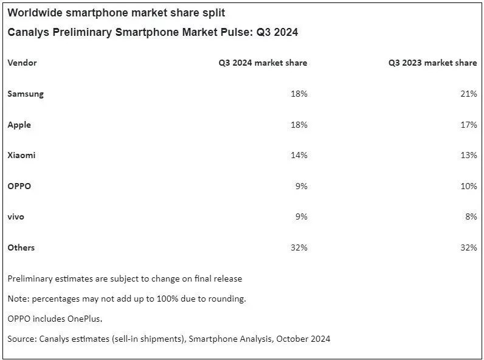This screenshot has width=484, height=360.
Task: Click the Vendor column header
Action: [x=22, y=63]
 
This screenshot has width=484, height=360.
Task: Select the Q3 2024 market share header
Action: [x=263, y=63]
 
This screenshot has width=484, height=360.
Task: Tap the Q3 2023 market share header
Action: [x=432, y=63]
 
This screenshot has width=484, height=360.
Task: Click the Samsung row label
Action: [x=26, y=94]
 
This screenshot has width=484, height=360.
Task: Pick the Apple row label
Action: [x=19, y=125]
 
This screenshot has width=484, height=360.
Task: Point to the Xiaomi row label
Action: [x=21, y=155]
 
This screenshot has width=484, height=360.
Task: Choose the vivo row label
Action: [x=16, y=216]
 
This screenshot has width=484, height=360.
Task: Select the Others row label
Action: [x=21, y=247]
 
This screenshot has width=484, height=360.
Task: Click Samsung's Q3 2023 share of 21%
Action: [x=469, y=94]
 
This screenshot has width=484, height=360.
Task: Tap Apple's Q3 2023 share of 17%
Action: [x=469, y=125]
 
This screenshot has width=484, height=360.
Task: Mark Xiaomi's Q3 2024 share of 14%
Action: [x=299, y=155]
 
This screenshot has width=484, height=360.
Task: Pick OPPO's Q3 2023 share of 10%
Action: [x=469, y=186]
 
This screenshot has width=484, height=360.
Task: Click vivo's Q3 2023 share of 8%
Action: [x=471, y=216]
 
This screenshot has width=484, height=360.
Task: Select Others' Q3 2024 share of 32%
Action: [x=299, y=247]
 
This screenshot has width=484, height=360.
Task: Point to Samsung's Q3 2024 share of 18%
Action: [x=299, y=94]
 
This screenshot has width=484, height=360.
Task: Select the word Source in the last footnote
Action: [x=22, y=339]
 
